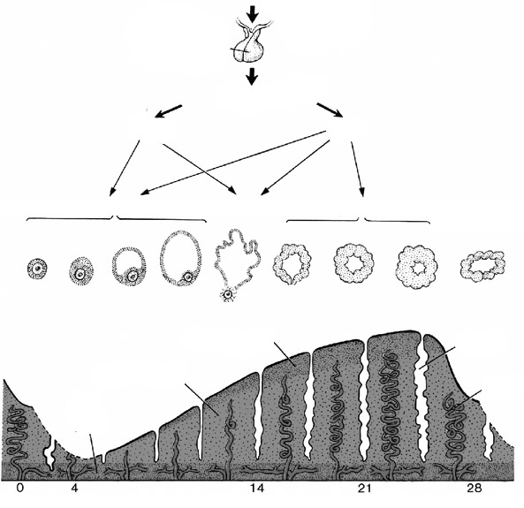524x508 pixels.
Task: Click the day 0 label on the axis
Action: pyautogui.click(x=20, y=489)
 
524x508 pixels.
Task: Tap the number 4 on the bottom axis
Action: pyautogui.click(x=74, y=489)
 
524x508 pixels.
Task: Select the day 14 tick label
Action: pyautogui.click(x=256, y=489)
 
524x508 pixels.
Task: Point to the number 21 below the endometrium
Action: pyautogui.click(x=364, y=489)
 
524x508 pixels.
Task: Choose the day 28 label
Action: pyautogui.click(x=475, y=489)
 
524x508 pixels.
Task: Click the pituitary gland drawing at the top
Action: pyautogui.click(x=250, y=42)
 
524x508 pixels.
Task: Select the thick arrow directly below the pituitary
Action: pyautogui.click(x=252, y=77)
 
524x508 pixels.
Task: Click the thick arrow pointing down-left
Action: pyautogui.click(x=169, y=111)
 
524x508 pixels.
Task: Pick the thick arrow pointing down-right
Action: pyautogui.click(x=330, y=110)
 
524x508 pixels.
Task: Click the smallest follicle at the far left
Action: pyautogui.click(x=37, y=269)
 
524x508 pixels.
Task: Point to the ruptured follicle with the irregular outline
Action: pyautogui.click(x=237, y=259)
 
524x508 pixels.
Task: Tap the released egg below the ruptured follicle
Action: pyautogui.click(x=228, y=294)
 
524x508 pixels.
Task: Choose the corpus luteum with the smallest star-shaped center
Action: pyautogui.click(x=416, y=267)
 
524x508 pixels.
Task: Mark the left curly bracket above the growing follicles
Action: pyautogui.click(x=116, y=218)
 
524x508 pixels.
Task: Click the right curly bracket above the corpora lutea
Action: pyautogui.click(x=359, y=220)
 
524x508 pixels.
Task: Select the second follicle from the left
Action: pyautogui.click(x=81, y=270)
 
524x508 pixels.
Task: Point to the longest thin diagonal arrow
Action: pyautogui.click(x=233, y=163)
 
